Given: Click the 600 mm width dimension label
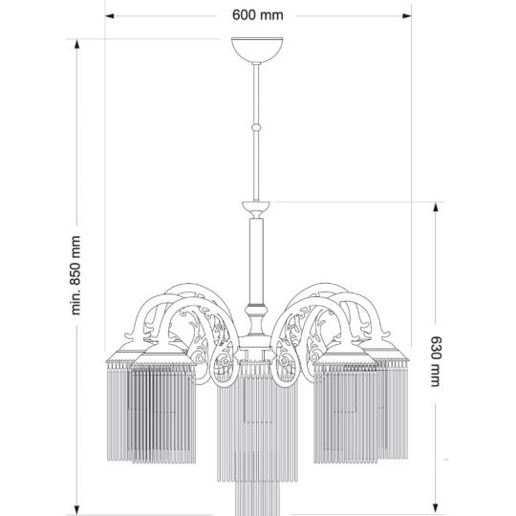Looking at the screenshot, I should (x=257, y=16).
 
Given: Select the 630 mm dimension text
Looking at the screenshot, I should (x=436, y=362).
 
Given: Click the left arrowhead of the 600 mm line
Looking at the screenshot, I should (x=111, y=16).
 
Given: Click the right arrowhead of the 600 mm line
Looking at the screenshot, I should (x=407, y=16).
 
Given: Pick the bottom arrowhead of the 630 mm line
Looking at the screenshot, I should (x=436, y=509).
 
